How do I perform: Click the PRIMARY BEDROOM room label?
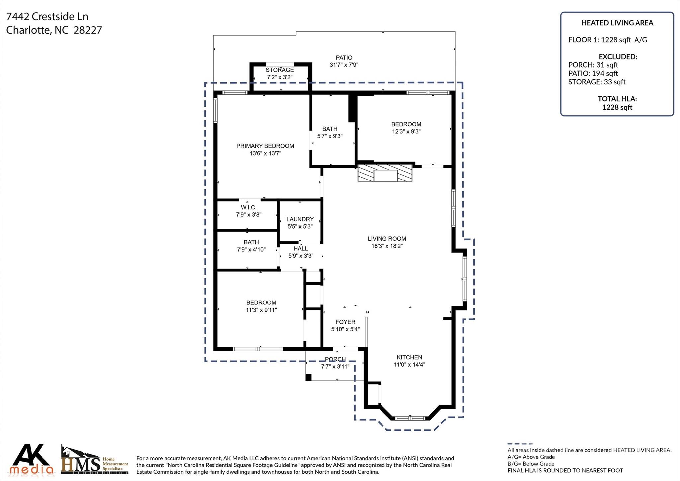[265, 146]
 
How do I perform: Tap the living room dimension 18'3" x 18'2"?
[387, 246]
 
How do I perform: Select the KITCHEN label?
[409, 357]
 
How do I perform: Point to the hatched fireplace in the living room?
[385, 173]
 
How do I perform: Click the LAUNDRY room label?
[300, 219]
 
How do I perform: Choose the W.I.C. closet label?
[249, 207]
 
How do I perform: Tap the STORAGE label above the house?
[280, 70]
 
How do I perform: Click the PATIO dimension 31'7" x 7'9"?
[344, 65]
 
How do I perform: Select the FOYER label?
[345, 322]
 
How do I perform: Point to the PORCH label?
[335, 359]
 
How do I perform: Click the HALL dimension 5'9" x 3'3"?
[300, 256]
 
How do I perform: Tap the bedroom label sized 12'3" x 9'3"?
[406, 124]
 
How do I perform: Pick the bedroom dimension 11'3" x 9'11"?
[261, 310]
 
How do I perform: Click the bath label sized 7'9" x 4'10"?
[251, 242]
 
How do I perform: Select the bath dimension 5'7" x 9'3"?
[330, 136]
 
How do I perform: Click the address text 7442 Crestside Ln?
[47, 16]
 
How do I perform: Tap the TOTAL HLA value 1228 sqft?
[617, 107]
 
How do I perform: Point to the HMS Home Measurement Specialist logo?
[95, 460]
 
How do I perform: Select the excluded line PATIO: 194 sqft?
[593, 73]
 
